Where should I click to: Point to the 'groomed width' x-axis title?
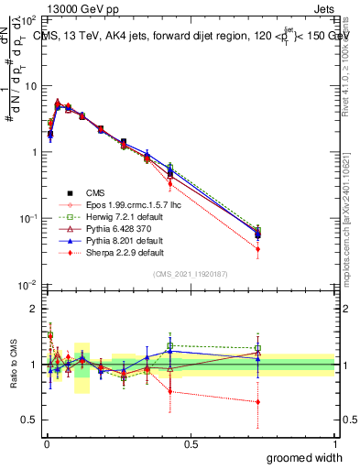click(305, 457)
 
